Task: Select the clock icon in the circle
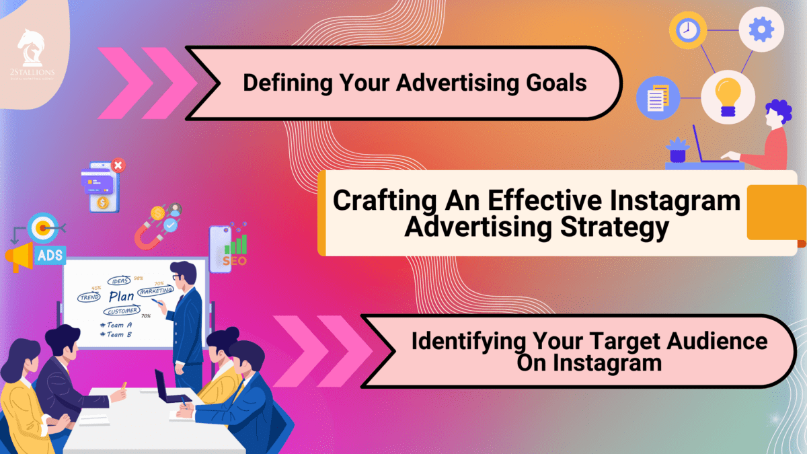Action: [687, 30]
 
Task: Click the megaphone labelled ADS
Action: [30, 255]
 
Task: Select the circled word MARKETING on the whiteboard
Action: [155, 291]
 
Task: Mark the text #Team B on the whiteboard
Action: [116, 334]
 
